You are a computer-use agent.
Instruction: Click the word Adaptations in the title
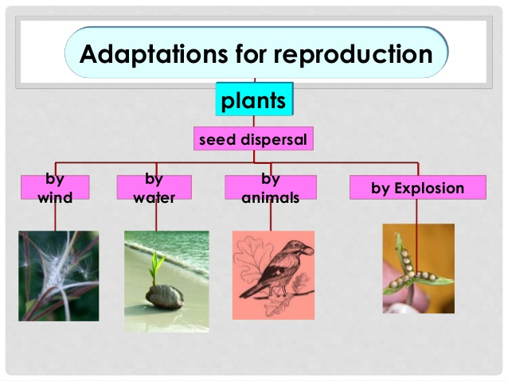(x=154, y=54)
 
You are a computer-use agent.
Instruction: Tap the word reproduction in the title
(x=354, y=54)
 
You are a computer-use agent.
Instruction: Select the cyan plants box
(x=254, y=99)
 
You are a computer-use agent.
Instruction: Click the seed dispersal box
(x=253, y=138)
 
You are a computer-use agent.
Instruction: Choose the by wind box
(x=55, y=187)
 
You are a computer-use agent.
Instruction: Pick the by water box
(x=154, y=187)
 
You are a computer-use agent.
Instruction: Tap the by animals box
(x=271, y=187)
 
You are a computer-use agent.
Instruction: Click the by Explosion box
(x=418, y=188)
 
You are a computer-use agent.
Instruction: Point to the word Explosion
(x=429, y=188)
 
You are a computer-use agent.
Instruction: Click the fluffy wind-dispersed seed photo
(x=59, y=276)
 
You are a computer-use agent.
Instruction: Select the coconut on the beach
(x=165, y=297)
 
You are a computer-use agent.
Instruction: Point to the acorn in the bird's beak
(x=307, y=250)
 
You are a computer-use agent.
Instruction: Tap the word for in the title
(x=250, y=53)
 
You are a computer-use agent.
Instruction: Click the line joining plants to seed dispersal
(x=254, y=121)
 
